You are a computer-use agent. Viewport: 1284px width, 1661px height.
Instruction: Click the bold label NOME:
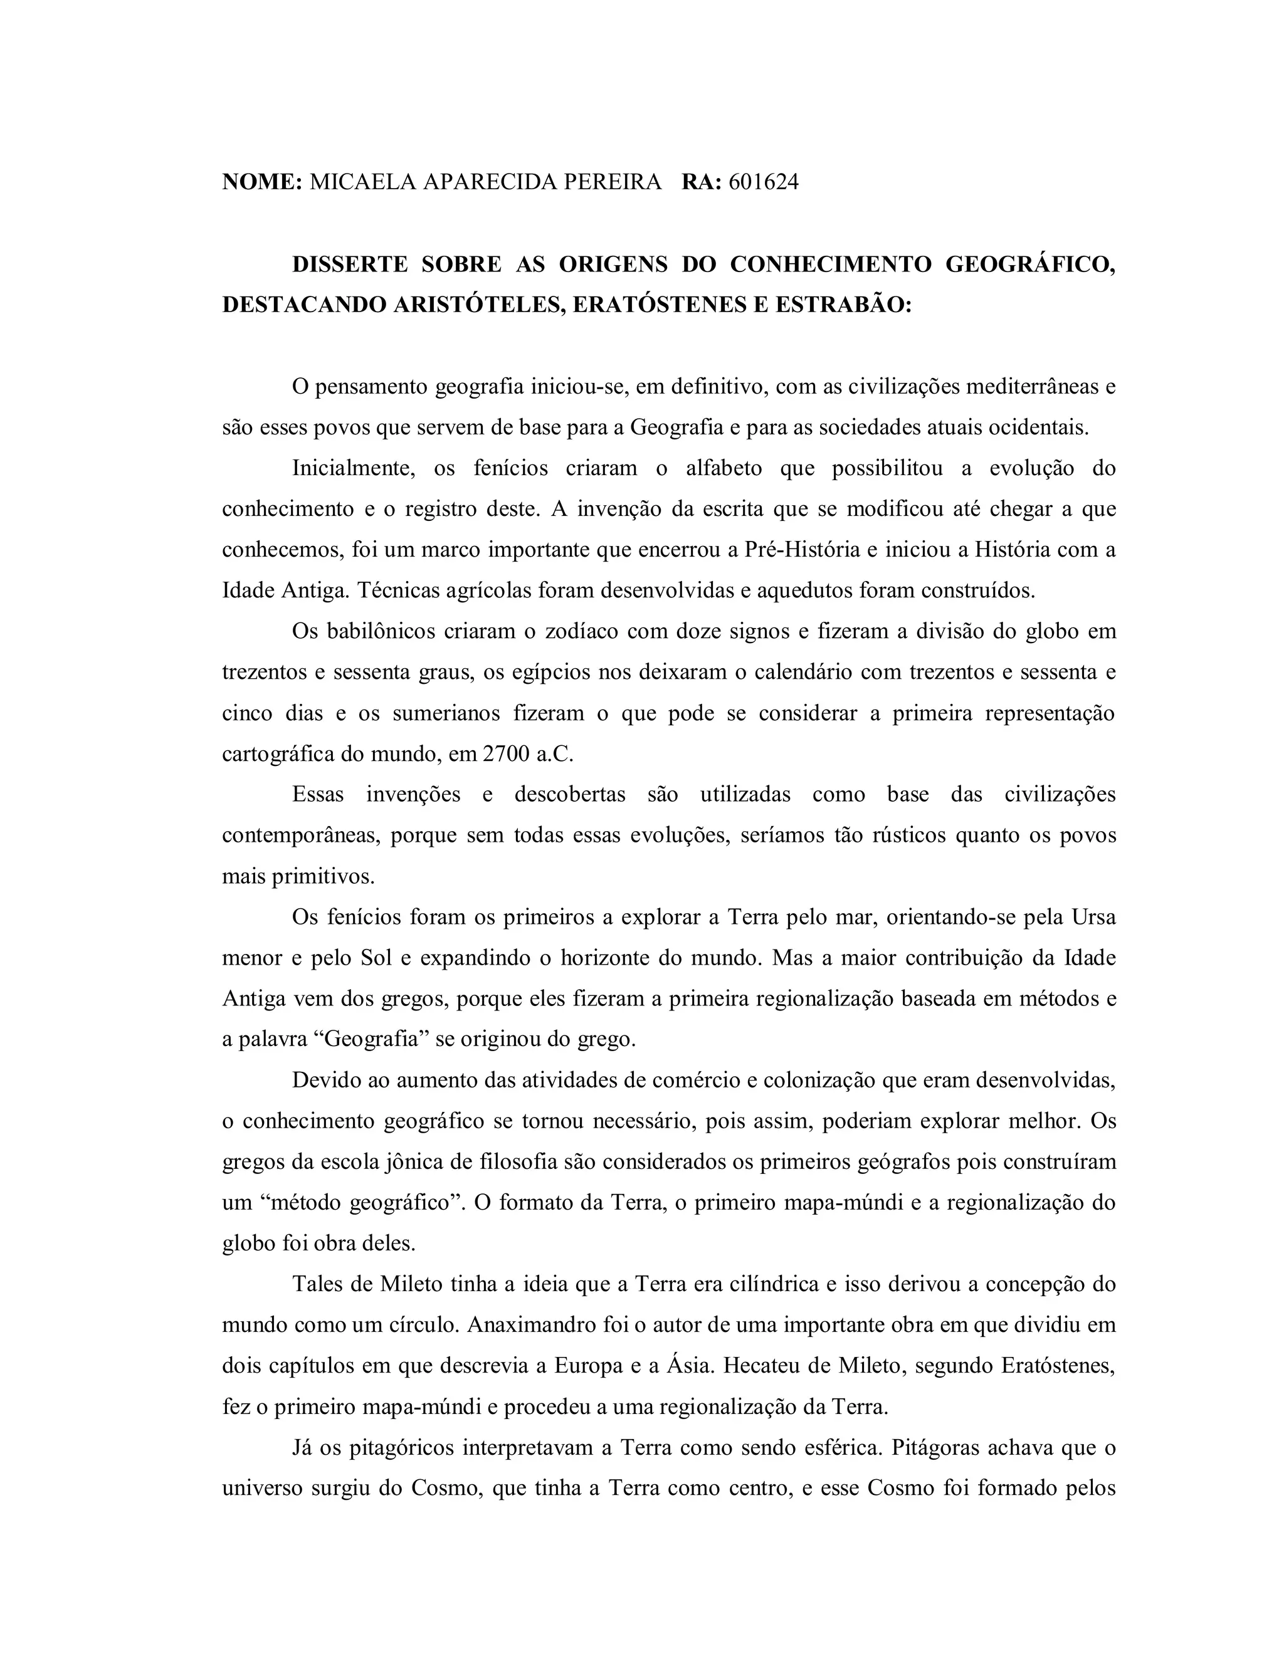(x=261, y=182)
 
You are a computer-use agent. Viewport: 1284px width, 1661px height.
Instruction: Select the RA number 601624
(x=764, y=182)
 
